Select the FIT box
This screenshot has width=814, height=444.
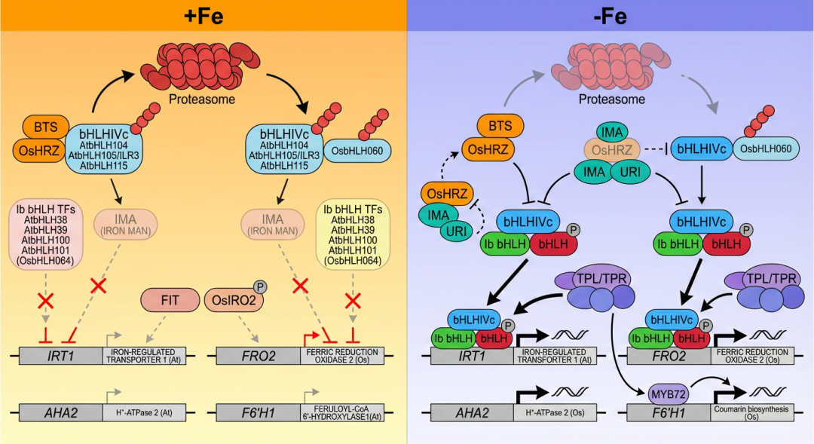tap(170, 299)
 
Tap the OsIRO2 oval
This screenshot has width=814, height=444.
tap(230, 299)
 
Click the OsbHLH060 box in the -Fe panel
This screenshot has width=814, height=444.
tap(766, 149)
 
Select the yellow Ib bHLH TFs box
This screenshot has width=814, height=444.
tap(352, 234)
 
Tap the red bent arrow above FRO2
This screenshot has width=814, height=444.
tap(309, 338)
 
